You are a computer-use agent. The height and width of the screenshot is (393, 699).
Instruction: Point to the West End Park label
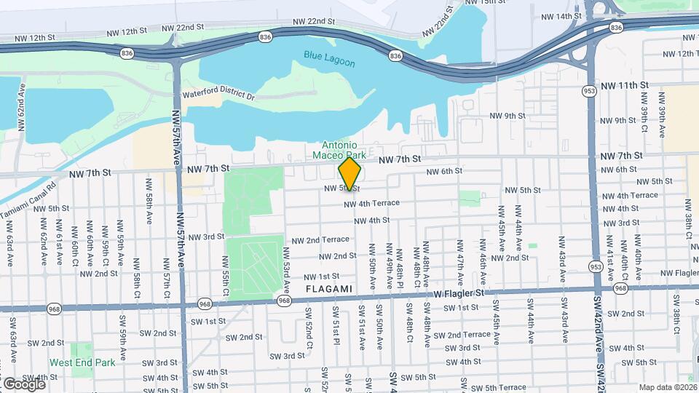click(82, 362)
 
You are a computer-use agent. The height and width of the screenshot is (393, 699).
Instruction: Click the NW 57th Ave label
click(176, 138)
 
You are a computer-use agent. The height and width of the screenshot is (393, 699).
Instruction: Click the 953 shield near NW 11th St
click(589, 91)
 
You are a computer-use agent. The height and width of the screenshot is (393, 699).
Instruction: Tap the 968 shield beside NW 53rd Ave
click(284, 301)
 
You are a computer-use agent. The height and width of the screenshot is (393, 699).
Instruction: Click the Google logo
click(24, 384)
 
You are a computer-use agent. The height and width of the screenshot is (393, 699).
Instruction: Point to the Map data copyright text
click(668, 387)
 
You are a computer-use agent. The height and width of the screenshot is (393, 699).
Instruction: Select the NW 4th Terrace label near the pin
click(371, 204)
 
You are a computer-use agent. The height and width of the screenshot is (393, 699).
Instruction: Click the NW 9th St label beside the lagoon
click(508, 116)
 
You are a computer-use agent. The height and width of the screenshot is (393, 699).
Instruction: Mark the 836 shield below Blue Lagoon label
click(395, 55)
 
